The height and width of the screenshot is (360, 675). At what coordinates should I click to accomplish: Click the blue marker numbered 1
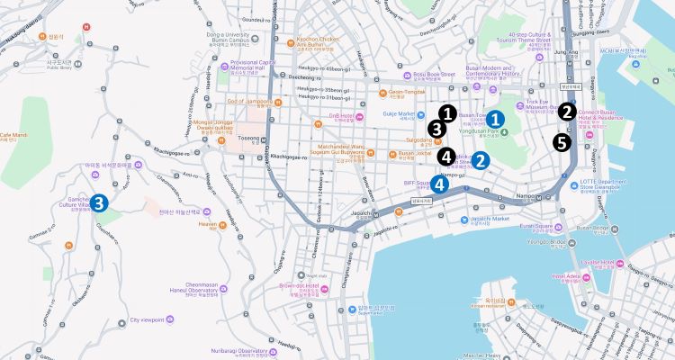tap(497, 118)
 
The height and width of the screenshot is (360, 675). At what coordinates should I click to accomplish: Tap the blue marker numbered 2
tap(481, 162)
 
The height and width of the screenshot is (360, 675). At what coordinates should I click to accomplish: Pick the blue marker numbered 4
tap(438, 184)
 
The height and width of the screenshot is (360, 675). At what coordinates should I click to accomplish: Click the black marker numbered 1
tap(447, 113)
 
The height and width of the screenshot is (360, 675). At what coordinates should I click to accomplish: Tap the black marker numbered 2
tap(567, 112)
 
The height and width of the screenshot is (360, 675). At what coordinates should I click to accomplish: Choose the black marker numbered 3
tap(436, 129)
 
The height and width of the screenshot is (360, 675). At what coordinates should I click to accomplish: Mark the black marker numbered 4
tap(445, 156)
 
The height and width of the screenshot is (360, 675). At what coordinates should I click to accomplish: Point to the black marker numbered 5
tap(562, 142)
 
